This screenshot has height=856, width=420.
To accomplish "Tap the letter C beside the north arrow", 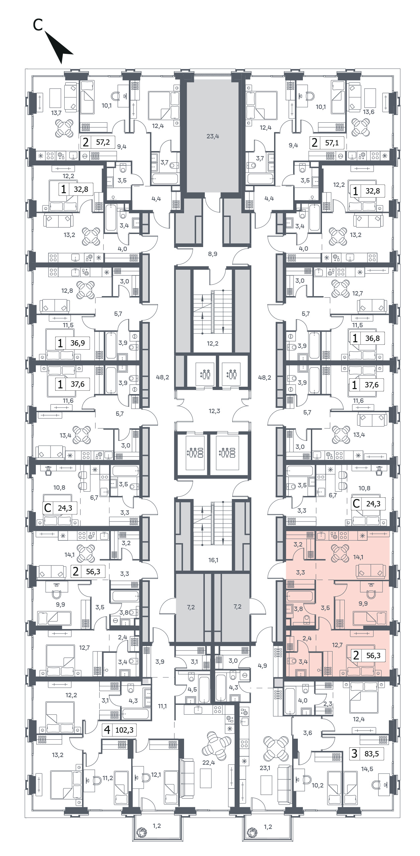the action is pyautogui.click(x=38, y=24).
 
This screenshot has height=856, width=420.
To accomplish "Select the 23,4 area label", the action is pyautogui.click(x=213, y=136).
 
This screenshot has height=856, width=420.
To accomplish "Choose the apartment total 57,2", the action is pyautogui.click(x=103, y=142).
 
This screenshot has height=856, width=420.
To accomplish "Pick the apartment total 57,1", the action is pyautogui.click(x=332, y=143).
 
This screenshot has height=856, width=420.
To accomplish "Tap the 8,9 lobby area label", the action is pyautogui.click(x=213, y=254).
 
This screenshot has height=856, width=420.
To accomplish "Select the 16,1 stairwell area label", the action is pyautogui.click(x=213, y=560).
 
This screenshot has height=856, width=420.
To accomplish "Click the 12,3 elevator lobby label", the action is pyautogui.click(x=215, y=411).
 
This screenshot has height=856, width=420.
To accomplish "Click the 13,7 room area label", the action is pyautogui.click(x=57, y=113).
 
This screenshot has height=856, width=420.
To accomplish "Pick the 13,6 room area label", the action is pyautogui.click(x=368, y=112).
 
